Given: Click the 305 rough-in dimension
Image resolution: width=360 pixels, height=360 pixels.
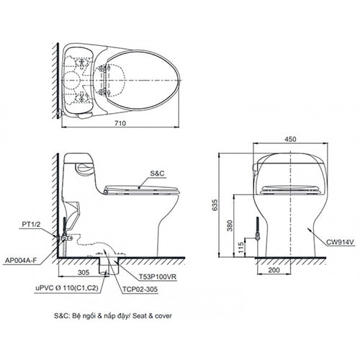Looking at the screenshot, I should pyautogui.click(x=84, y=273).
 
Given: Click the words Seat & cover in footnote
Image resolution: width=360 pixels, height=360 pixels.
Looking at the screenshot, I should pyautogui.click(x=152, y=315).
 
